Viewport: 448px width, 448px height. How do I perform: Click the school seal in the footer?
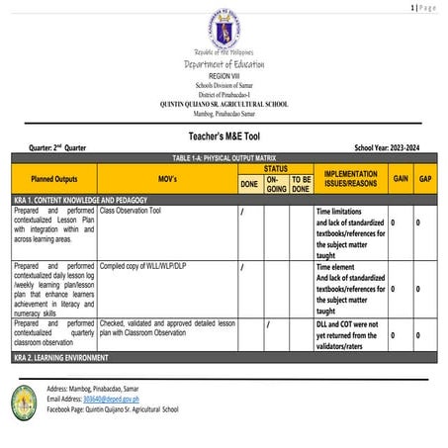click(x=24, y=400)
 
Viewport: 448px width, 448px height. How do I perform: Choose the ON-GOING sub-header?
click(x=276, y=185)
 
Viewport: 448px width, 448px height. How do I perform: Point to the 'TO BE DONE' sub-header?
click(x=301, y=185)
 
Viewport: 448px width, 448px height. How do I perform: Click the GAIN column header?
click(x=401, y=179)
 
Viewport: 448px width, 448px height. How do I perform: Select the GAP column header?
click(x=425, y=179)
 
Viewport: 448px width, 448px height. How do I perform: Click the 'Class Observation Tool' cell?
click(x=136, y=212)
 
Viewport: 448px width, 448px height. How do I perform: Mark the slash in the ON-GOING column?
click(x=269, y=323)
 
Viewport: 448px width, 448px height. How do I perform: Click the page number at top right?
click(x=423, y=7)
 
